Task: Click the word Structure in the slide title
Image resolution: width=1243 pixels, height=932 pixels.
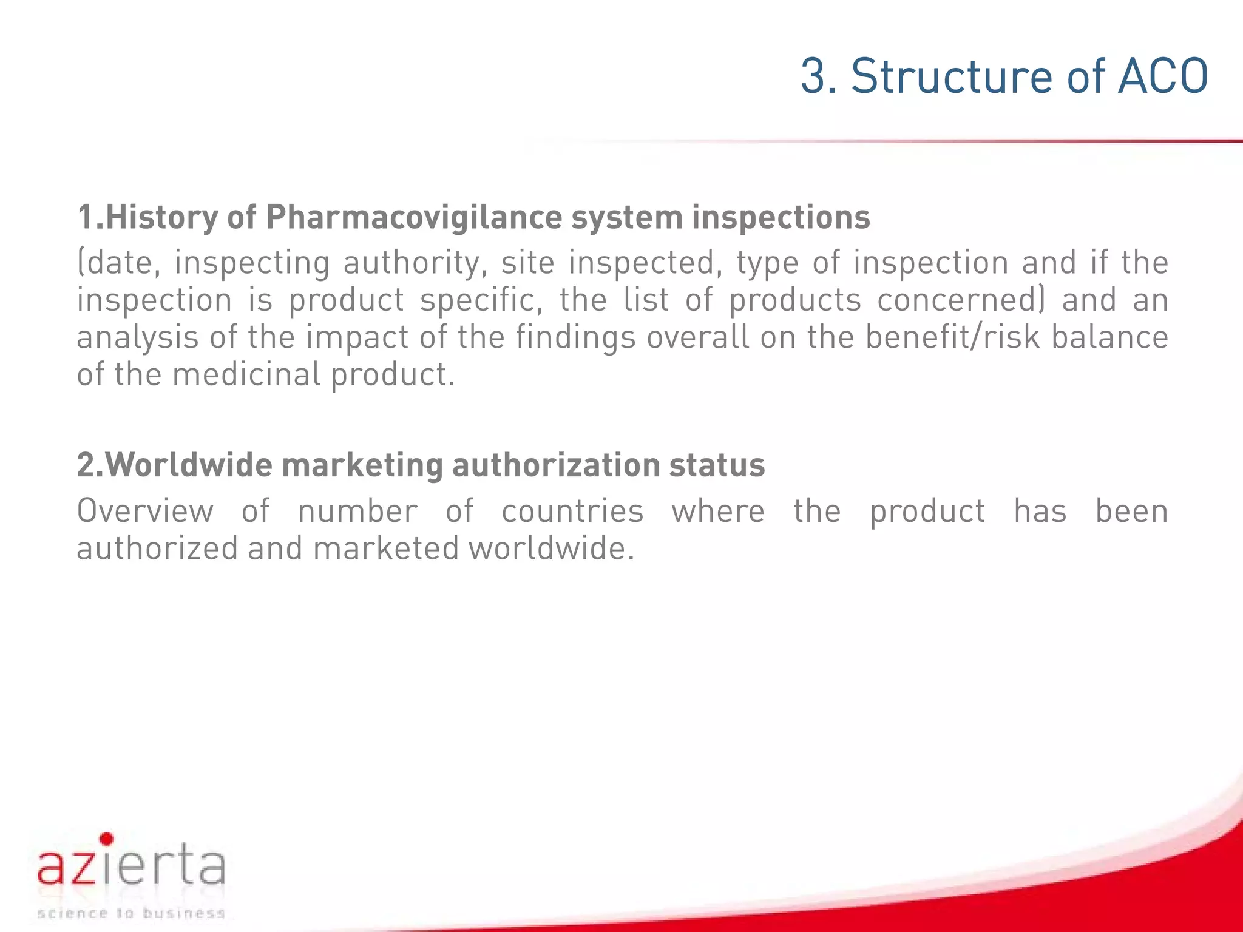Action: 952,77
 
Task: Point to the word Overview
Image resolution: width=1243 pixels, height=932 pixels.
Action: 145,512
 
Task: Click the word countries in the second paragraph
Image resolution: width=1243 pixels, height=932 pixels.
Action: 572,512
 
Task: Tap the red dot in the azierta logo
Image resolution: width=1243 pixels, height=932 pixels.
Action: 107,839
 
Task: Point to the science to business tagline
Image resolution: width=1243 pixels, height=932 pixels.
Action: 131,913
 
